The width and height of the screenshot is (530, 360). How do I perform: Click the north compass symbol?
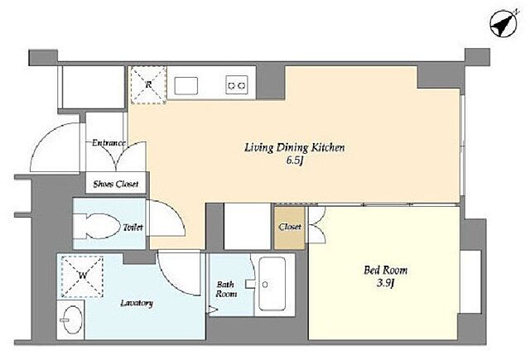(x=503, y=25)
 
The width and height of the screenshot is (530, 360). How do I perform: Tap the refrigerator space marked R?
(x=148, y=84)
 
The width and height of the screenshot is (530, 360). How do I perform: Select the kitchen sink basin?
(x=185, y=86)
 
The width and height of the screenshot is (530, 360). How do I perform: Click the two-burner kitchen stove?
(x=237, y=84)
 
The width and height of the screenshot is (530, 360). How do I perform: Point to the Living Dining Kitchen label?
(x=295, y=148)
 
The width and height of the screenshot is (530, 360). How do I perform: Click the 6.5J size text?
(x=294, y=161)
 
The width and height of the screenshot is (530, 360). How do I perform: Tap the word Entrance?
(x=108, y=143)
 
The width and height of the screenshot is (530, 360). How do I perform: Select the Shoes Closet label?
(x=116, y=184)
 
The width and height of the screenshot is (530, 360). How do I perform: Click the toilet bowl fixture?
(x=97, y=226)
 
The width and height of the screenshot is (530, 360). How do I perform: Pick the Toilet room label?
(x=132, y=228)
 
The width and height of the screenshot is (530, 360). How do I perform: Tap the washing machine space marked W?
(x=83, y=276)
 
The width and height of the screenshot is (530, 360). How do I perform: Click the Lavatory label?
(x=137, y=303)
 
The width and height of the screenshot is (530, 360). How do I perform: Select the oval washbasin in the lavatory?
(x=71, y=319)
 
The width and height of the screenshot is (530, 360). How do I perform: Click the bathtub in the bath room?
(x=272, y=285)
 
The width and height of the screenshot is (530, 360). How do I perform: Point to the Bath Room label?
(x=226, y=289)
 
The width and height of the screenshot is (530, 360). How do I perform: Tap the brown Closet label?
(x=290, y=227)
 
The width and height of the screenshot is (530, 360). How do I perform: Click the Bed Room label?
(x=386, y=270)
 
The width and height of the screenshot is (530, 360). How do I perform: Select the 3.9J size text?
(x=386, y=283)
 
